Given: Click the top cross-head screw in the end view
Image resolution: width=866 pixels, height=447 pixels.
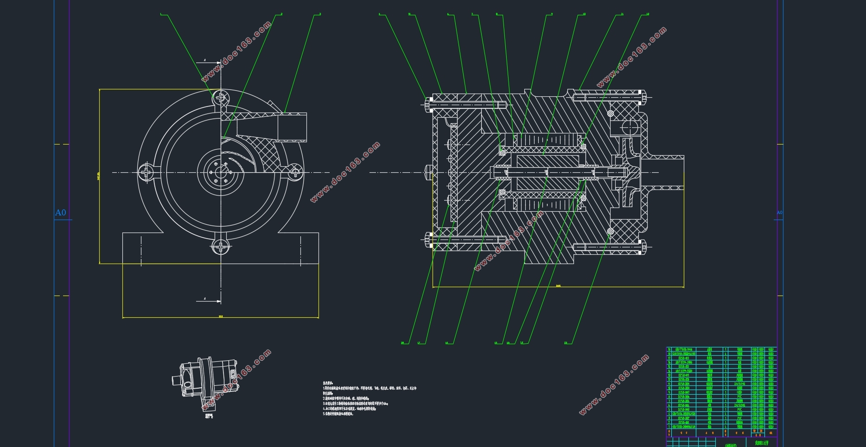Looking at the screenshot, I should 221,98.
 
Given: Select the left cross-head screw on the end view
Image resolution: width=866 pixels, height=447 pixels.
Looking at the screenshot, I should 146,172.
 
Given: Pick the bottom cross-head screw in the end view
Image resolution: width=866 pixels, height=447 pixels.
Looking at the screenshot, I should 221,247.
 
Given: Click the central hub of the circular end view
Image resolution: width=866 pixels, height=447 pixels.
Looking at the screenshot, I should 221,172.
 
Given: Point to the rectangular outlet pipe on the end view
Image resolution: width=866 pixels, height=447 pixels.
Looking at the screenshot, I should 292,126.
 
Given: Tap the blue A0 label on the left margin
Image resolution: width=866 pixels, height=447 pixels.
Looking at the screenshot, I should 61,213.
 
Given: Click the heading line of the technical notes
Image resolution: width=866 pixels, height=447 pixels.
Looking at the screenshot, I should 328,383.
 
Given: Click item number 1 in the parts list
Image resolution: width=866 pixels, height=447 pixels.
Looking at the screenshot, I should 669,427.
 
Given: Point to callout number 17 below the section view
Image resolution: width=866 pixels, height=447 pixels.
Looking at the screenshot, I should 419,343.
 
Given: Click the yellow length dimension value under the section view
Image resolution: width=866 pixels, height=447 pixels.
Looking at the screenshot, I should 558,286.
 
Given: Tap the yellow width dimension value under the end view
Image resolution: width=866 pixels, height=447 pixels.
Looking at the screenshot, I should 221,317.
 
